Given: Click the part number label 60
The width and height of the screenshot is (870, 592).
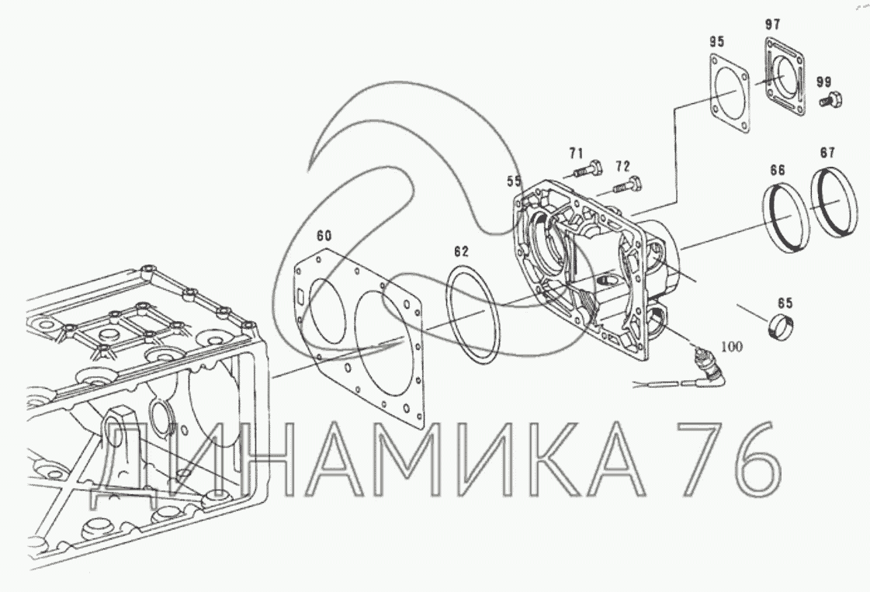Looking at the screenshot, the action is click(324, 237).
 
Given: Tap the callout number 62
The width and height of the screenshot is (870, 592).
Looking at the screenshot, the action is click(461, 252).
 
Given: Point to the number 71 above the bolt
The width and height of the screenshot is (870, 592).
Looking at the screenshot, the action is click(577, 153).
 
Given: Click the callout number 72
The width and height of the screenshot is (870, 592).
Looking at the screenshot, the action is click(623, 166).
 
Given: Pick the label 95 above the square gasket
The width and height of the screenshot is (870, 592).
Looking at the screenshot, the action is click(717, 42).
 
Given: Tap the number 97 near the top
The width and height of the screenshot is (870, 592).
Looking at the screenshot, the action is click(772, 24).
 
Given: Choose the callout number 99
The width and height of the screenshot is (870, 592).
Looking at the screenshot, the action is click(824, 82).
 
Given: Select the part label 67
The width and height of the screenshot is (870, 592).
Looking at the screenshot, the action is click(827, 153).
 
